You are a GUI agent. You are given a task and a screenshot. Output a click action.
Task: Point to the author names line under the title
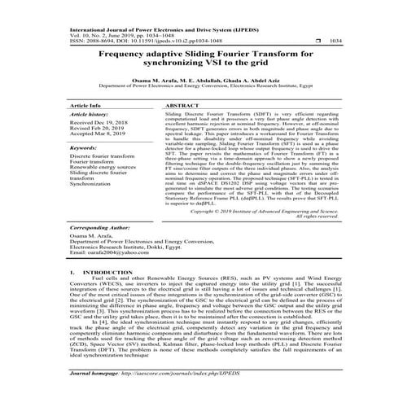tap(200, 78)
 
